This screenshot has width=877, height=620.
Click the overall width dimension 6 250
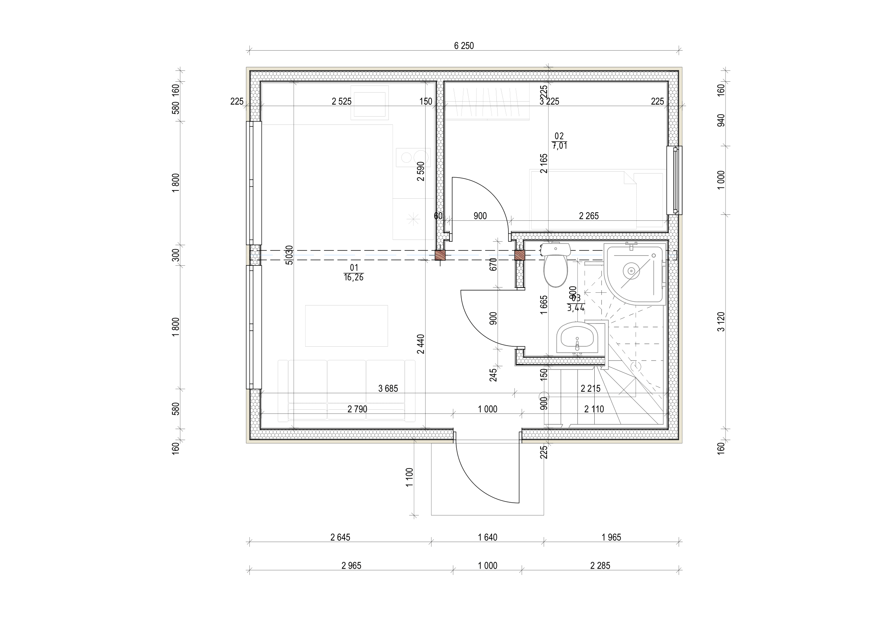point(464,46)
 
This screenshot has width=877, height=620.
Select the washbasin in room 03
point(577,337)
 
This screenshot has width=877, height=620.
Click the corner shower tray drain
point(631,271)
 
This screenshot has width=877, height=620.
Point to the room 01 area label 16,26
point(353,277)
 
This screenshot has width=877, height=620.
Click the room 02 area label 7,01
point(559,146)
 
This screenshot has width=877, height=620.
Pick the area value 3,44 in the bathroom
point(576,308)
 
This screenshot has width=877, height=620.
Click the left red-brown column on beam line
point(441,255)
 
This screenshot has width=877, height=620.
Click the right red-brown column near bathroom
point(519,255)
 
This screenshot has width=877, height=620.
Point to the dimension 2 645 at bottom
point(340,538)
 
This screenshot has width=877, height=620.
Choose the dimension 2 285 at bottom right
point(600,566)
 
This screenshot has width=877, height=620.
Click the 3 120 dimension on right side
point(721,322)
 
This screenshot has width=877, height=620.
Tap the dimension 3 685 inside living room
point(388,389)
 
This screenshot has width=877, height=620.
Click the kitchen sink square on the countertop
point(369,104)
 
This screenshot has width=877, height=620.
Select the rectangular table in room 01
point(346,326)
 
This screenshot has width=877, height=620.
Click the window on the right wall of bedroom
point(675,180)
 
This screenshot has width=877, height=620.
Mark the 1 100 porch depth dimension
point(410,477)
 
